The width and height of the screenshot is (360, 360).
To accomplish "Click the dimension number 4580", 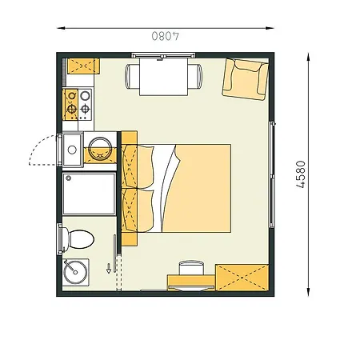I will (302, 174).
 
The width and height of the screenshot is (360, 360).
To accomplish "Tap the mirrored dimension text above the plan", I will (164, 36).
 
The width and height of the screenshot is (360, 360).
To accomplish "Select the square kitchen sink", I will (71, 149).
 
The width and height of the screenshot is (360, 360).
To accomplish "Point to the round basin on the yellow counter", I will (101, 149).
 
